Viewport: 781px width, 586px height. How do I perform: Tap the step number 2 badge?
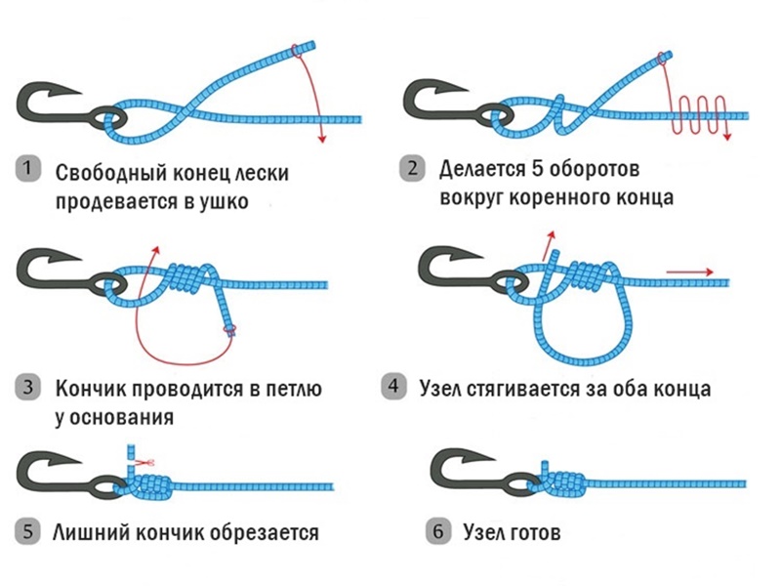[x=414, y=168]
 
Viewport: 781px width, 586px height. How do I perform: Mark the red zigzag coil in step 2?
[x=699, y=115]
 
